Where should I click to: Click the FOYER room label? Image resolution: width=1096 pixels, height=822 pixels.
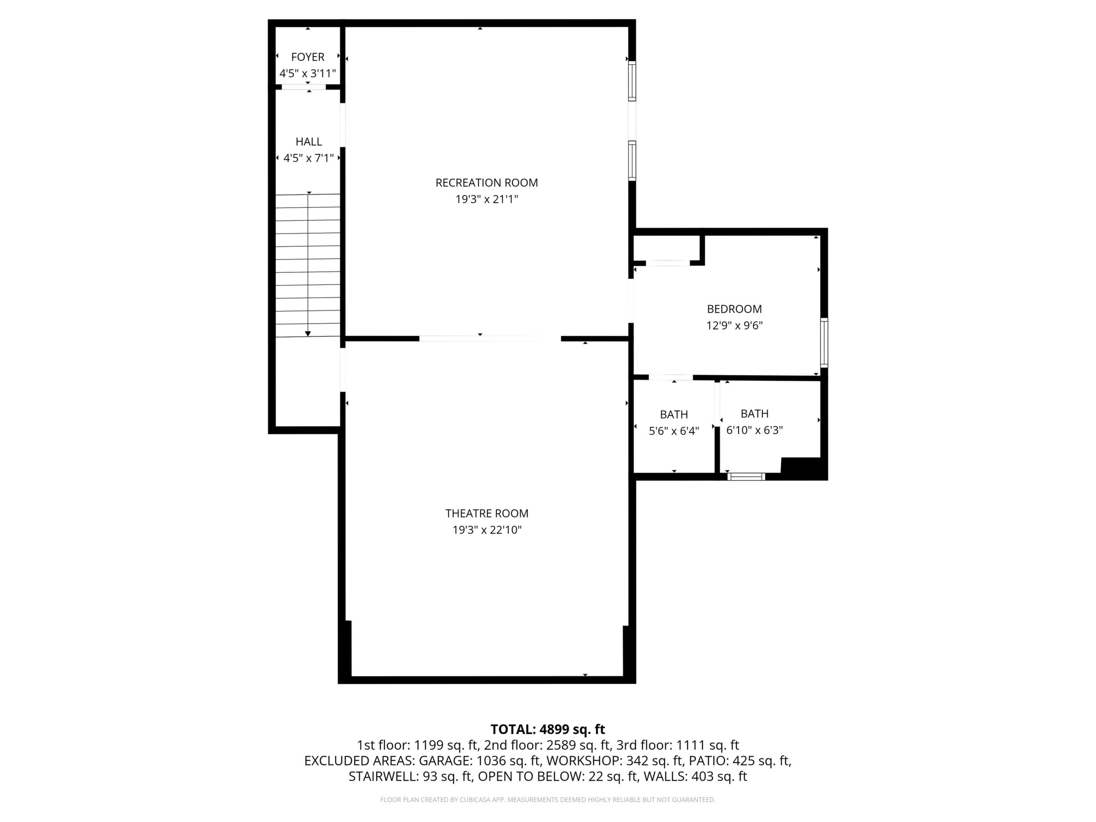pyautogui.click(x=308, y=57)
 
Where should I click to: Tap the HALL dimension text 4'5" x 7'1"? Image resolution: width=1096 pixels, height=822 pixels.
pyautogui.click(x=308, y=158)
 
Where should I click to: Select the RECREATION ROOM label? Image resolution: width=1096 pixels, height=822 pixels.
pyautogui.click(x=487, y=183)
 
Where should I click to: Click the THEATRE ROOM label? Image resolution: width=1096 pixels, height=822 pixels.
pyautogui.click(x=487, y=513)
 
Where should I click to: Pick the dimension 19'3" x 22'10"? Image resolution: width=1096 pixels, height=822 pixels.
pyautogui.click(x=487, y=530)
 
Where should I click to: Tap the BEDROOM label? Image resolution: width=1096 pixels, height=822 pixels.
pyautogui.click(x=734, y=309)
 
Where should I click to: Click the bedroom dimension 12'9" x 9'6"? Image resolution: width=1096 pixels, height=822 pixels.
pyautogui.click(x=734, y=325)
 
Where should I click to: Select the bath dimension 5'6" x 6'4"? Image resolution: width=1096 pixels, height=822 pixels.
pyautogui.click(x=674, y=431)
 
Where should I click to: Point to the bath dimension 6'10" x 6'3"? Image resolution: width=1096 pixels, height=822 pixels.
pyautogui.click(x=754, y=430)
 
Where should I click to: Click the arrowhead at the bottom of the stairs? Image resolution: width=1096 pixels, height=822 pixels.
pyautogui.click(x=308, y=334)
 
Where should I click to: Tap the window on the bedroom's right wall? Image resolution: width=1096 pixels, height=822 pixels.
pyautogui.click(x=824, y=342)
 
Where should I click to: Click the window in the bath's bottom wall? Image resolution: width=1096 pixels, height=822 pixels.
pyautogui.click(x=746, y=477)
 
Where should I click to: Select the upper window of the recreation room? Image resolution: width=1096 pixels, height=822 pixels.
pyautogui.click(x=632, y=81)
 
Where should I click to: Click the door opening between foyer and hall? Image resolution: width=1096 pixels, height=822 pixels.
pyautogui.click(x=304, y=87)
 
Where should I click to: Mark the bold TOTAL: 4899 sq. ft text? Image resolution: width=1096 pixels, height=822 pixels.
pyautogui.click(x=548, y=729)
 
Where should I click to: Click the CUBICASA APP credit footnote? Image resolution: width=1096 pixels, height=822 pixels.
pyautogui.click(x=548, y=800)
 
